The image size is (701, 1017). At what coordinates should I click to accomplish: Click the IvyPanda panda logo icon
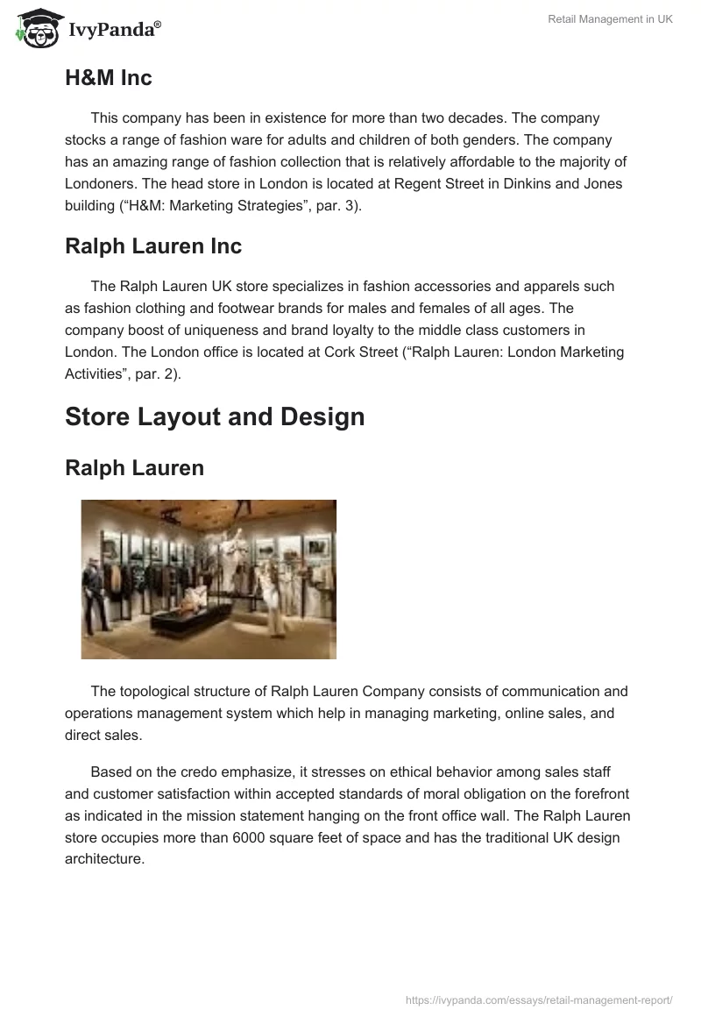point(34,26)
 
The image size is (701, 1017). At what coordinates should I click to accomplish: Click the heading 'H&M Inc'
point(108,78)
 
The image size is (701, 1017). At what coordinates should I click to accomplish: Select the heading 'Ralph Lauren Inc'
point(152,246)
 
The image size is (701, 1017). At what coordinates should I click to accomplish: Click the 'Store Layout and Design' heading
point(215,416)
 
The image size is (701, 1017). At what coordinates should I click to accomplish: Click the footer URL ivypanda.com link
point(540,999)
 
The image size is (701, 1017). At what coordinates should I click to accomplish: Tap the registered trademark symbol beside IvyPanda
point(158,25)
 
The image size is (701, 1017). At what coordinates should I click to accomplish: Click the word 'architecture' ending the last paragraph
point(103,858)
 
